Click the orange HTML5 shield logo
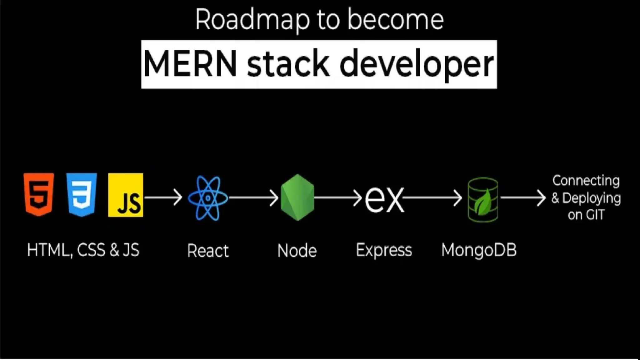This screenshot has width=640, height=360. [x=39, y=194]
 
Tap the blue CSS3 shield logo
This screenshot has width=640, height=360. [x=82, y=194]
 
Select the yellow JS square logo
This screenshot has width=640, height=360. [x=126, y=195]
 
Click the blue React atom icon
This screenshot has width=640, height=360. [x=208, y=198]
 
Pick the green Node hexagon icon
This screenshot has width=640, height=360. [x=297, y=197]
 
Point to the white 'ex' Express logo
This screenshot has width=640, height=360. [x=384, y=199]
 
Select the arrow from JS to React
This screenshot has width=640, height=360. [x=163, y=197]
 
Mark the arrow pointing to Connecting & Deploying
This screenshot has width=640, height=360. [x=523, y=197]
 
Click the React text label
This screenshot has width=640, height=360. [x=208, y=251]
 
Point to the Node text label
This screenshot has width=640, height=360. [x=297, y=251]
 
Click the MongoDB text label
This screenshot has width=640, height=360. [x=479, y=250]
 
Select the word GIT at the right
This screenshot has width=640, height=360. [x=595, y=215]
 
